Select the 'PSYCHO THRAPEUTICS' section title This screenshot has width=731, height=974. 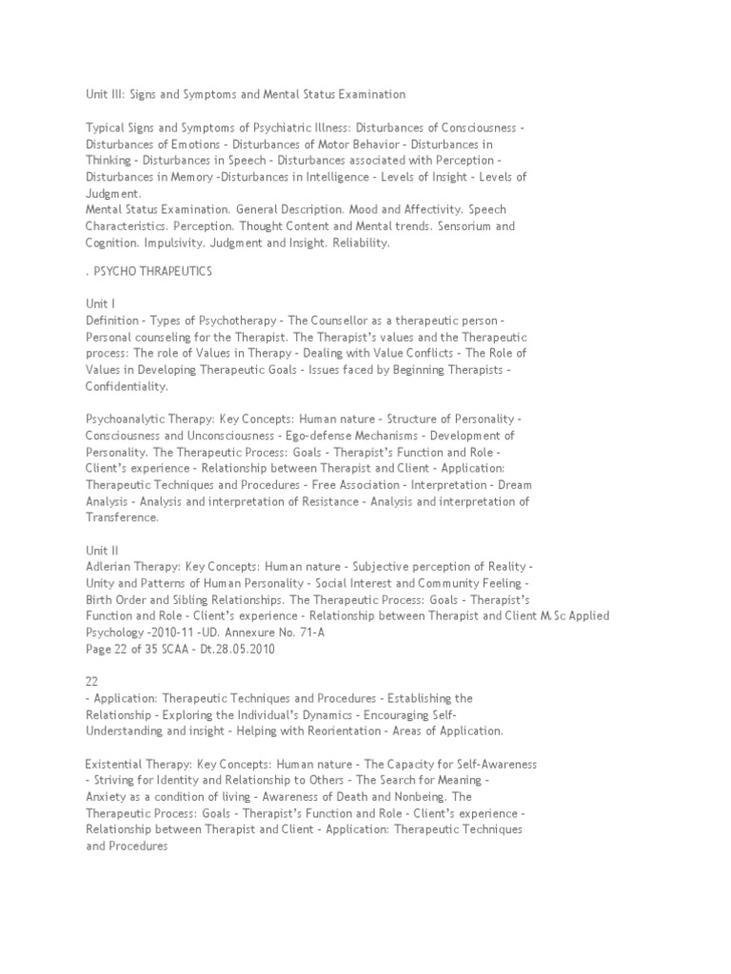152,272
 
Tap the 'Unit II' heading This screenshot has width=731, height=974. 102,549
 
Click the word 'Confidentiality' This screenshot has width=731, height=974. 126,386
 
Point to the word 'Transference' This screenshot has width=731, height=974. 122,517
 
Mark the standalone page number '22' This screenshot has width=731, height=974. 92,681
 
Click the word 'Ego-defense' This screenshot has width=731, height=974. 306,435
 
